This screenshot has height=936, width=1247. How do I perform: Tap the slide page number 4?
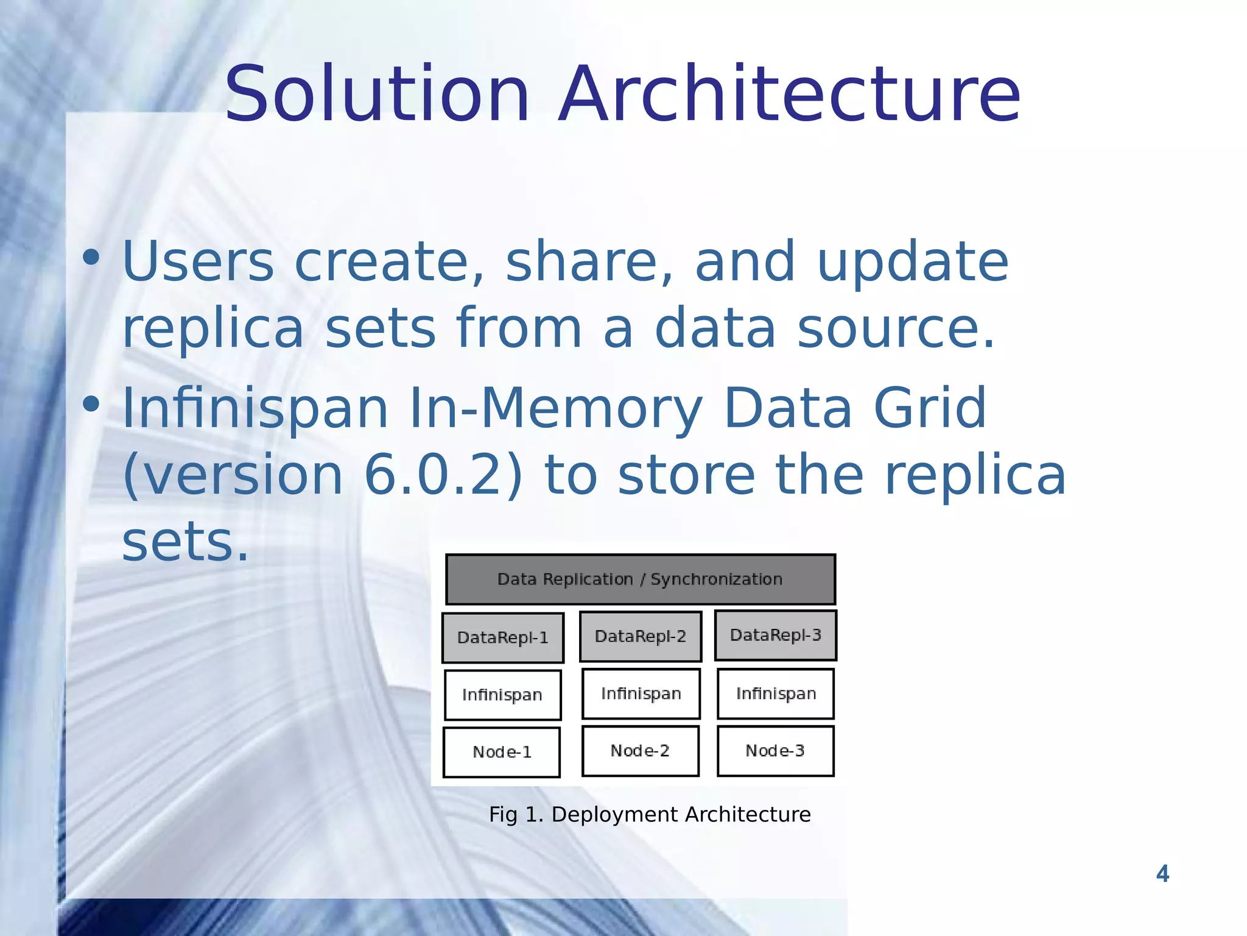click(x=1162, y=874)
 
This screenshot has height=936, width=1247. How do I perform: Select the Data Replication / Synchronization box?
click(x=640, y=579)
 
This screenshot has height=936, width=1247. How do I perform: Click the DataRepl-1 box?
click(x=503, y=637)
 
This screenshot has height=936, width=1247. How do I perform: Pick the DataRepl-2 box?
click(x=641, y=636)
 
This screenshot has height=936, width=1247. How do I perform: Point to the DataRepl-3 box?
click(x=776, y=635)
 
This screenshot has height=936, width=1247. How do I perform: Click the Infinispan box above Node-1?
click(x=502, y=695)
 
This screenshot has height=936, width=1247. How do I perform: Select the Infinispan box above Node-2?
click(x=641, y=693)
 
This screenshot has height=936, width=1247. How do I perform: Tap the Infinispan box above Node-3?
click(x=776, y=693)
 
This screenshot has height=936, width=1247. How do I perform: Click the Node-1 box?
click(x=502, y=752)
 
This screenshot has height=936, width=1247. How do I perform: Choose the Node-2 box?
click(x=640, y=751)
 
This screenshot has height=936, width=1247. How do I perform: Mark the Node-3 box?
click(x=775, y=751)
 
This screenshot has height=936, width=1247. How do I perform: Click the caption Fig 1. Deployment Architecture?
click(x=650, y=814)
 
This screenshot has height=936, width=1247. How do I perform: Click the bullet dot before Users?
click(x=91, y=258)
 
